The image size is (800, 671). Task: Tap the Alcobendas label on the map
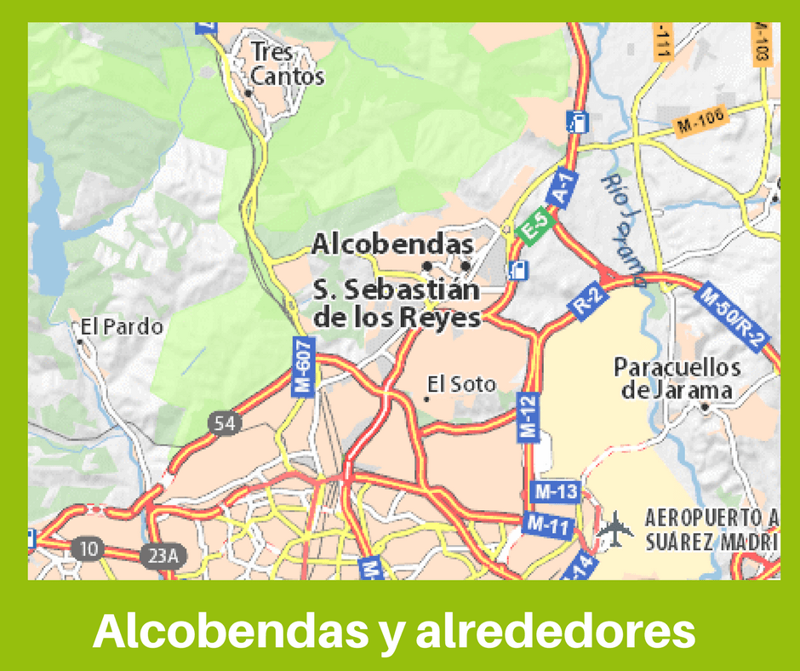[392, 244]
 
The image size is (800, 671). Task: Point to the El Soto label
[461, 385]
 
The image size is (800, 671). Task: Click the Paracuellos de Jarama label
[677, 379]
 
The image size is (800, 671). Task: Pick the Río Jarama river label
[622, 226]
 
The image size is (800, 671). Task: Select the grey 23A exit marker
[162, 556]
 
